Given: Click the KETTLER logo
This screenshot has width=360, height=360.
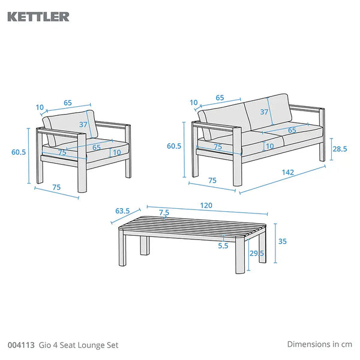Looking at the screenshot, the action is (x=38, y=17).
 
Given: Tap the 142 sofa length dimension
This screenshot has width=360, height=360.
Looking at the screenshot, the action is (x=287, y=172).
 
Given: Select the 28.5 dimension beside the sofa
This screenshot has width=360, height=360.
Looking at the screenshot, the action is (x=340, y=149).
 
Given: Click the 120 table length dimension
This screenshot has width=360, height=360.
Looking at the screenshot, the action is (x=206, y=205).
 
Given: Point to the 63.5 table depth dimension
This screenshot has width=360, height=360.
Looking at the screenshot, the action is (x=122, y=211).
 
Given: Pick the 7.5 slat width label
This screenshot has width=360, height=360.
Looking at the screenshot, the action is (x=164, y=212).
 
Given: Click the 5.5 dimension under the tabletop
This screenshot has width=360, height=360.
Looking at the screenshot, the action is (x=223, y=245).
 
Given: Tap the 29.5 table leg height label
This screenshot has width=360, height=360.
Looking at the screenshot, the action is (x=257, y=253).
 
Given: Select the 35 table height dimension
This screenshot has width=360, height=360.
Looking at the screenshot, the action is (x=283, y=241).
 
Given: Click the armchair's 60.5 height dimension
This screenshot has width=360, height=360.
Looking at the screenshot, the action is (x=19, y=152).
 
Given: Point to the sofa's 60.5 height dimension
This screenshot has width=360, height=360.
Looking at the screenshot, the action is (x=174, y=146).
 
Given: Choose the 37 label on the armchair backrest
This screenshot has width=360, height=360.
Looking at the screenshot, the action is (x=83, y=124).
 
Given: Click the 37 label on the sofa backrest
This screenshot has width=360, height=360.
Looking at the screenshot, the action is (x=264, y=112).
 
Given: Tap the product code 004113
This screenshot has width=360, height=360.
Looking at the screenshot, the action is (x=21, y=345).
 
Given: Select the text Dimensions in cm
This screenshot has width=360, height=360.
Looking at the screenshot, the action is (x=319, y=344).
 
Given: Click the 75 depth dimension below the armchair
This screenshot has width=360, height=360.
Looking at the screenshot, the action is (x=56, y=187).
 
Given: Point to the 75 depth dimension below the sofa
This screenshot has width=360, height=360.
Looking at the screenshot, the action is (x=212, y=181).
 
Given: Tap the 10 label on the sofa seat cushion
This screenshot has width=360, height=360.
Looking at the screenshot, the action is (x=270, y=146).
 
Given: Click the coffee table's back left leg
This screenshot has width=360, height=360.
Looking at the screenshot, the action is (x=144, y=245).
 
